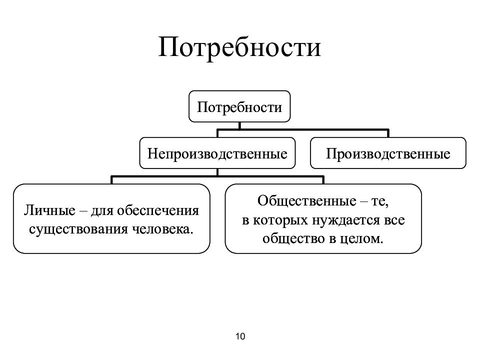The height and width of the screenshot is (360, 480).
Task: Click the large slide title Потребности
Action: (239, 47)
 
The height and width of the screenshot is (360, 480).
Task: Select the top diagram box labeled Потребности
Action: (239, 106)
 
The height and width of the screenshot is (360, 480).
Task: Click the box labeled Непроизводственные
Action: (217, 153)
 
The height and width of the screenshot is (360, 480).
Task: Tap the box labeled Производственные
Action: (388, 153)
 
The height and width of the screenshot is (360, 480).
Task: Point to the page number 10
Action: (240, 336)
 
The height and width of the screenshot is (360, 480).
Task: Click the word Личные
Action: (49, 210)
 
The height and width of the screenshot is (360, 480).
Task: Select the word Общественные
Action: (306, 201)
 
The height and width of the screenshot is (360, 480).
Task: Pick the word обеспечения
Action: (158, 210)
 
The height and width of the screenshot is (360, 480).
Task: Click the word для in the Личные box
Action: (102, 210)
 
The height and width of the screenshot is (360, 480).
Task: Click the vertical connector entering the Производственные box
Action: (388, 133)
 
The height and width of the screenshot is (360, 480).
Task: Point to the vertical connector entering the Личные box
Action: (111, 180)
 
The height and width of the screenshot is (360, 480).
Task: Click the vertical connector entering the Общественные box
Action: (323, 180)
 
